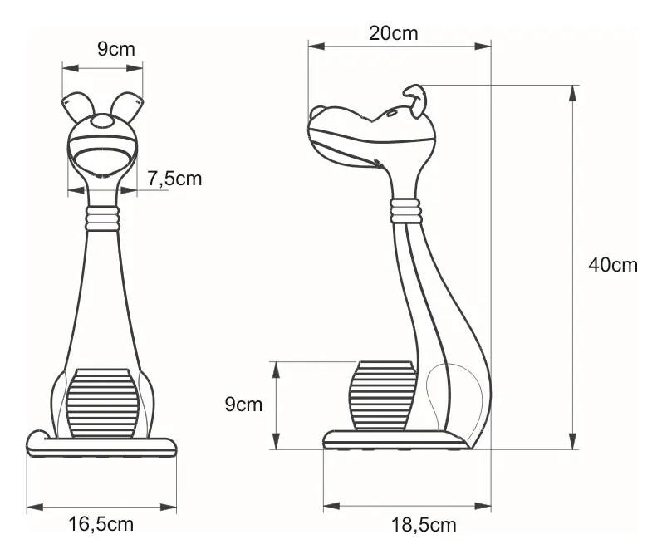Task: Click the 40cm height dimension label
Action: click(613, 265)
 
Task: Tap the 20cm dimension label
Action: click(393, 33)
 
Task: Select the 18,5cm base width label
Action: click(424, 525)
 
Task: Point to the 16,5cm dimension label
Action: click(101, 524)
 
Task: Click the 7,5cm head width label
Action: click(174, 179)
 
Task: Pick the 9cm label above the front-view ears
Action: click(116, 49)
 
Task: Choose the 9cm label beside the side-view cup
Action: click(243, 404)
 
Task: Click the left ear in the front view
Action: click(78, 106)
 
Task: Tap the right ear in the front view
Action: click(127, 106)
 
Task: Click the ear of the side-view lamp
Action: click(415, 100)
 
